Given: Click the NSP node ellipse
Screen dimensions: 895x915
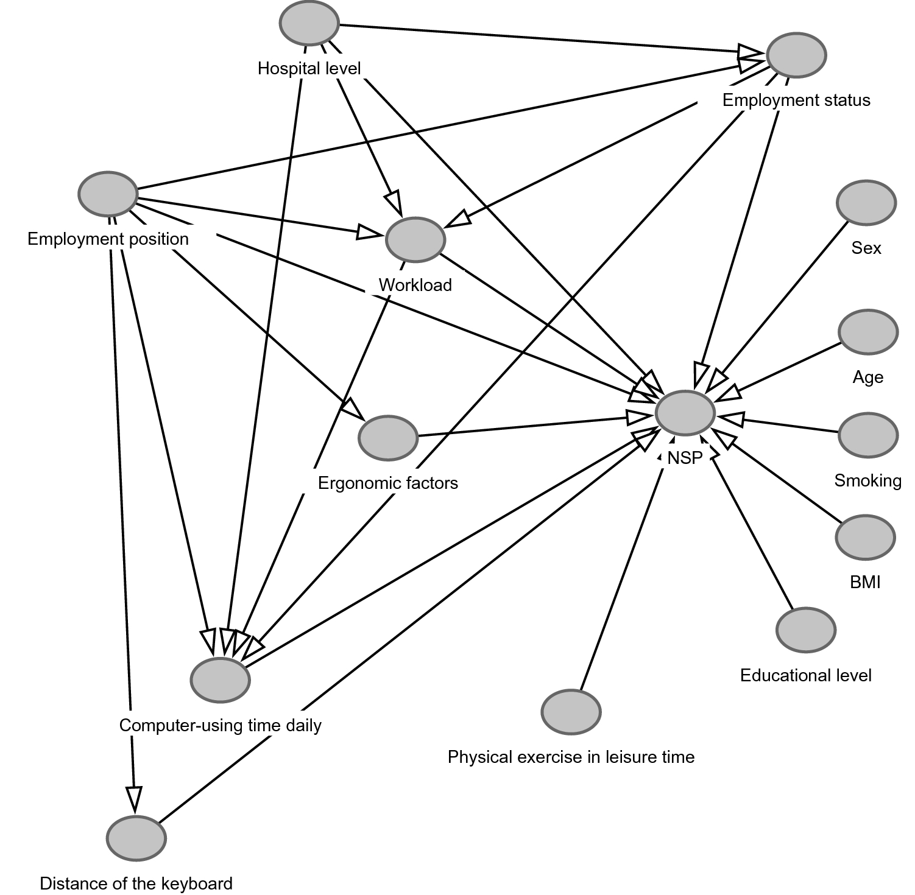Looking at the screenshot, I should click(685, 413).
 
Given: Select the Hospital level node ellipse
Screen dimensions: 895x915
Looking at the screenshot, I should click(309, 23).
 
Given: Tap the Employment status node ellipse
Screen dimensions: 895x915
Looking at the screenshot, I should click(796, 55).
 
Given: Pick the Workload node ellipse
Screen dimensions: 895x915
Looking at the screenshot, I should click(415, 239).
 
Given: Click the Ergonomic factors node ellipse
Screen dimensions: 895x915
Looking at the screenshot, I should click(388, 438).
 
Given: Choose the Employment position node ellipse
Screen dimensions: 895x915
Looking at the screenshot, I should click(108, 194).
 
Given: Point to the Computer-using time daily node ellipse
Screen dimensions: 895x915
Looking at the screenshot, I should click(221, 679).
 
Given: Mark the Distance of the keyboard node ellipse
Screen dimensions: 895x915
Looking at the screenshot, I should click(136, 838).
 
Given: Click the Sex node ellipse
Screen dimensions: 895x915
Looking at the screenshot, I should click(866, 203).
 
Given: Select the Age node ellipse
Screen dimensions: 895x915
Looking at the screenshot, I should click(868, 332).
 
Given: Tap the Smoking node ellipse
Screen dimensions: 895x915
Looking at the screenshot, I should click(868, 435).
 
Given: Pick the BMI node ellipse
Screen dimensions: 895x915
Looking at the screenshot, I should click(865, 538).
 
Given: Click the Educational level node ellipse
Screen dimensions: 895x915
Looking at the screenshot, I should click(806, 630).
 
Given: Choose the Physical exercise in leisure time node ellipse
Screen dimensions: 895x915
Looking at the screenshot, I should click(571, 712).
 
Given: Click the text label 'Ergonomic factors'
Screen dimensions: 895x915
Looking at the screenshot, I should click(388, 483).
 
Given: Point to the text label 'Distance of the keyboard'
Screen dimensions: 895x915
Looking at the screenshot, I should click(136, 883).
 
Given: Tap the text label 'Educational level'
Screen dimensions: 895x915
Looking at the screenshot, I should click(806, 675).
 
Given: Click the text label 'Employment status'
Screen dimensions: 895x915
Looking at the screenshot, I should click(796, 100).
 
